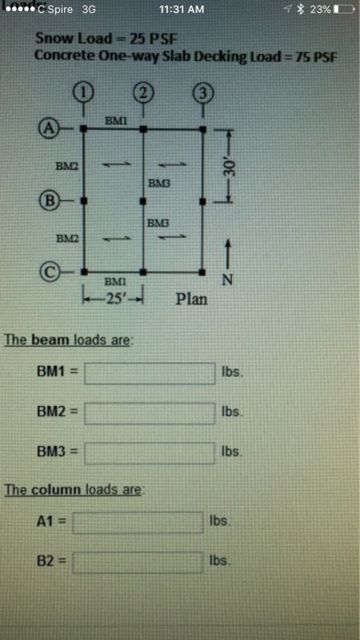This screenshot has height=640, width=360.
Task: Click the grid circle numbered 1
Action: pos(82,91)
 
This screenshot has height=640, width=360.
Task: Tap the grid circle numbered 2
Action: pos(143,91)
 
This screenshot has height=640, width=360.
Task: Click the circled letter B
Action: pos(45,197)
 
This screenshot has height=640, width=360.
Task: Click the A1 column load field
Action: pos(138,522)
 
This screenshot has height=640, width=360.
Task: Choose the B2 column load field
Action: pos(138,560)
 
